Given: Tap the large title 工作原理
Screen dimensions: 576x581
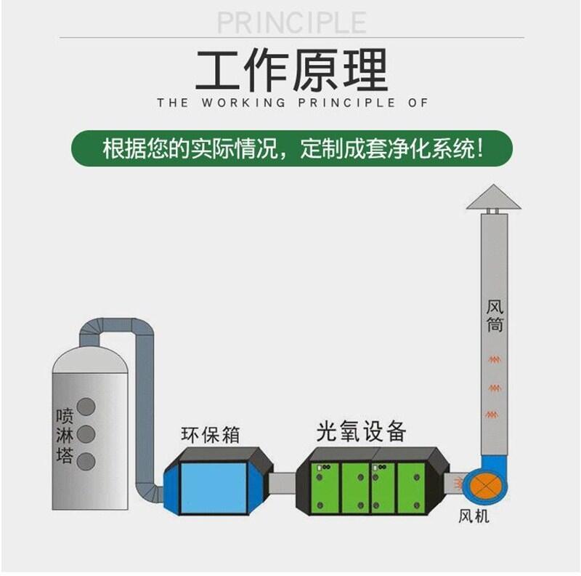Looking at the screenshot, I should point(290,71).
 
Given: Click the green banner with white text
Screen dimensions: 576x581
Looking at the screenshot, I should point(291,148).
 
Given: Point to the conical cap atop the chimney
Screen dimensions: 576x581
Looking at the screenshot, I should point(494,197).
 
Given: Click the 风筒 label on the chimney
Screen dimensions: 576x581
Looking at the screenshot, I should point(495,313).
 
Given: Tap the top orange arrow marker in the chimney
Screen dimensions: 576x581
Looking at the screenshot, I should point(495,359).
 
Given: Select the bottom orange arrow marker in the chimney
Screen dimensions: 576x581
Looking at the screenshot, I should point(495,414).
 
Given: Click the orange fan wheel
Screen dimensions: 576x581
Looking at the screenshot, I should point(484,487).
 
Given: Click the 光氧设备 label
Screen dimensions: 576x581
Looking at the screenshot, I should point(361,431).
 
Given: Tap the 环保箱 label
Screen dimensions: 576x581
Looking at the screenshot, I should point(210,435).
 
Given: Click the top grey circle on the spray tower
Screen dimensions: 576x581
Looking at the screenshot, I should point(86,407).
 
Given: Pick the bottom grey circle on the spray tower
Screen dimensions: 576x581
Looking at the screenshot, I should point(86,461).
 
